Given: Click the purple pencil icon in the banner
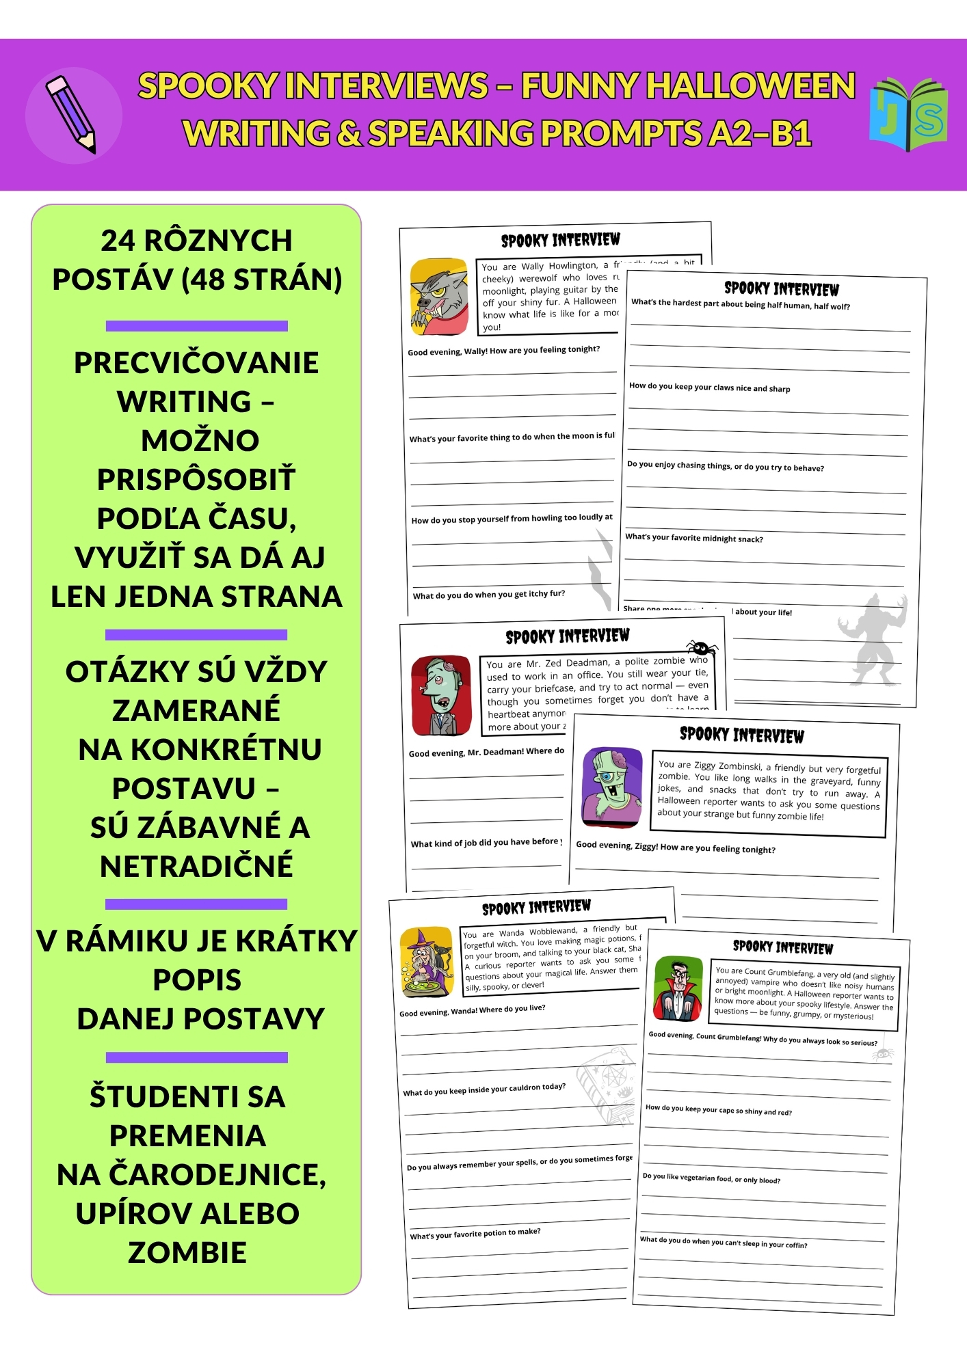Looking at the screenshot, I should pos(71,114).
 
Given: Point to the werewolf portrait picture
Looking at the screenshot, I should pos(439,297).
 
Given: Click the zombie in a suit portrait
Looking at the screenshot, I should pos(441,696).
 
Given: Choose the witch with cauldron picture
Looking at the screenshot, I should pos(427,962).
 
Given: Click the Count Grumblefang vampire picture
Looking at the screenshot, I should pos(678,989).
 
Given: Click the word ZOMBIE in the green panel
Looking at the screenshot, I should pos(187,1253).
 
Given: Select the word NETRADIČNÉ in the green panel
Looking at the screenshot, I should pos(196,866).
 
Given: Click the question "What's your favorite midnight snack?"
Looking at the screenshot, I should pos(693,538).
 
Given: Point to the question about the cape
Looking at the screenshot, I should pos(718,1110).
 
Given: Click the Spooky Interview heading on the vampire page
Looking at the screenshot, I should pos(782,947).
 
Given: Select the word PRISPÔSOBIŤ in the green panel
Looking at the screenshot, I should pos(196,479).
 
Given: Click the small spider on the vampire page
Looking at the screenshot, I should pos(883,1054).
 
